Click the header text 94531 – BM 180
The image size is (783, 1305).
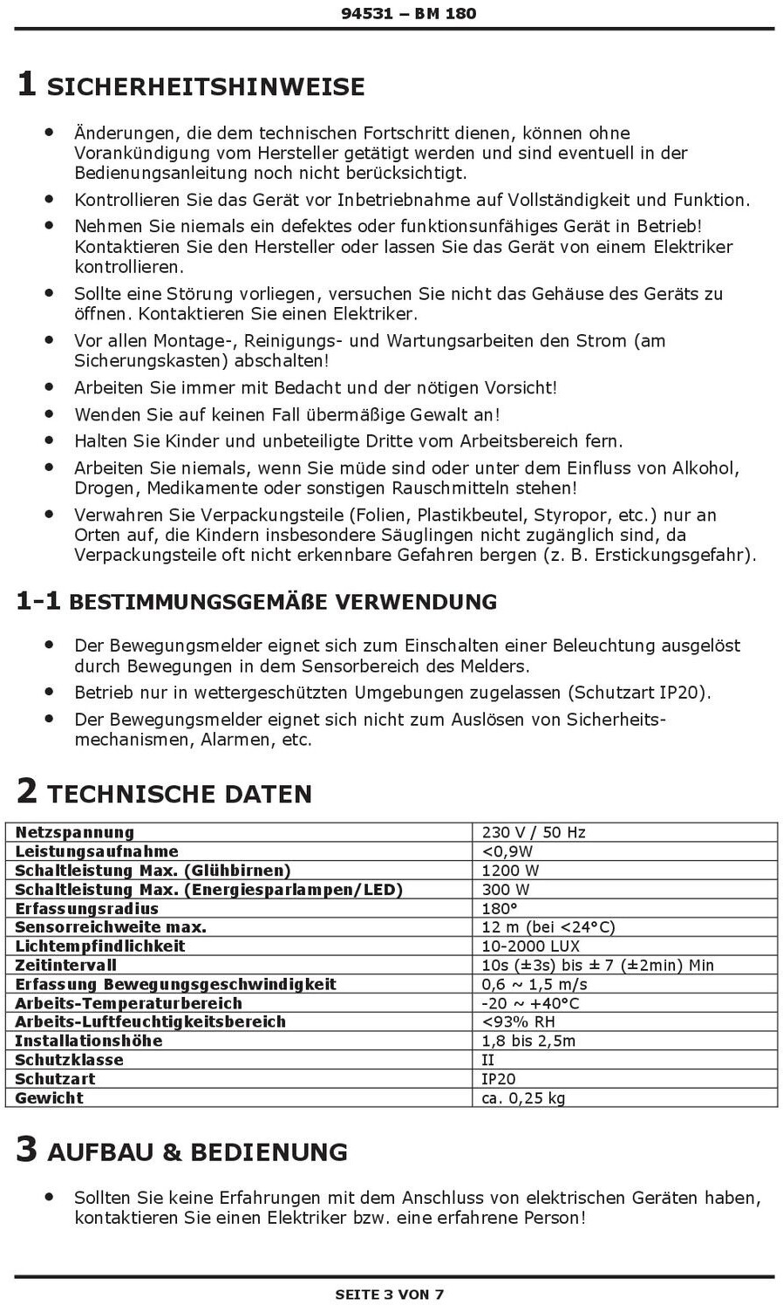[408, 14]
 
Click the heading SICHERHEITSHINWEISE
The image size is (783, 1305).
[205, 87]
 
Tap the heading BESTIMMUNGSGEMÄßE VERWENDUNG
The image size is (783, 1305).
[283, 602]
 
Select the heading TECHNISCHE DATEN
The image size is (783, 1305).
[179, 794]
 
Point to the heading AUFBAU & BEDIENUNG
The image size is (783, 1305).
[197, 1152]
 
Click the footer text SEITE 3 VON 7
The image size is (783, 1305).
[390, 1295]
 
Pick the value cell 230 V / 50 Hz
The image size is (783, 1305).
[534, 832]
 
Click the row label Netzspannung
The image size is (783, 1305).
[75, 832]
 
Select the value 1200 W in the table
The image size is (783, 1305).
[510, 871]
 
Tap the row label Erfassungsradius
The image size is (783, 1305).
[87, 908]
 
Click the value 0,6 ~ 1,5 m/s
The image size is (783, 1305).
[534, 984]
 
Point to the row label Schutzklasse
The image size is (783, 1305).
[69, 1060]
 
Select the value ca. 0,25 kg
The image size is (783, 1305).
[523, 1098]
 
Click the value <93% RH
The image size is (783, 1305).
[518, 1022]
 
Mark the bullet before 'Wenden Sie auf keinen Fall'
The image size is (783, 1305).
[50, 413]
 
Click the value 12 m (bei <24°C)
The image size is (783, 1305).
[548, 927]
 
